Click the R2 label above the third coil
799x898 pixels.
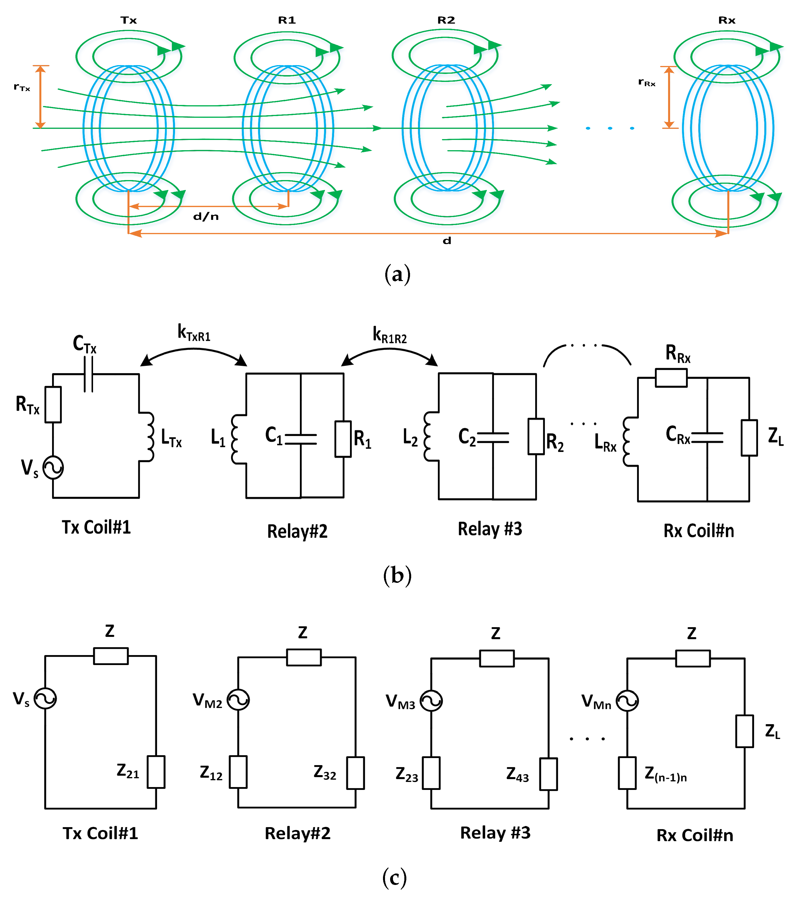446,20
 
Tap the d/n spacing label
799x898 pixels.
206,216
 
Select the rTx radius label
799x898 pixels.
22,87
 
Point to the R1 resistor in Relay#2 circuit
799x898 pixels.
343,439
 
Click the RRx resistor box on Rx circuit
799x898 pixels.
671,378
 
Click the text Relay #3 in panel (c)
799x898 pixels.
495,833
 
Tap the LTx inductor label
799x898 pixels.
171,438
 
